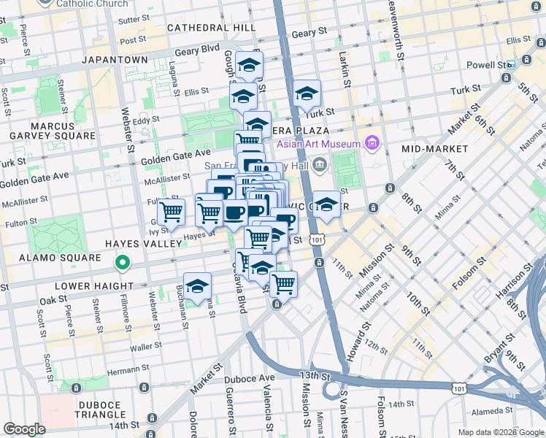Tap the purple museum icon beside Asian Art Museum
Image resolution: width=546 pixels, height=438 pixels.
[373, 142]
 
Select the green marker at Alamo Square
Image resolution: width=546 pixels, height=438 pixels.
[123, 262]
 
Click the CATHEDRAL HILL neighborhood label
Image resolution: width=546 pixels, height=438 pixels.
[211, 27]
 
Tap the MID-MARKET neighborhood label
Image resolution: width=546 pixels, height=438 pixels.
[436, 149]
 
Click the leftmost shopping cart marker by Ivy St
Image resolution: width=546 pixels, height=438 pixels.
[171, 212]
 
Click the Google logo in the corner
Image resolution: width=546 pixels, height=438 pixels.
[25, 429]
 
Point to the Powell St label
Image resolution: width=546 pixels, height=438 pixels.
[486, 65]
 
